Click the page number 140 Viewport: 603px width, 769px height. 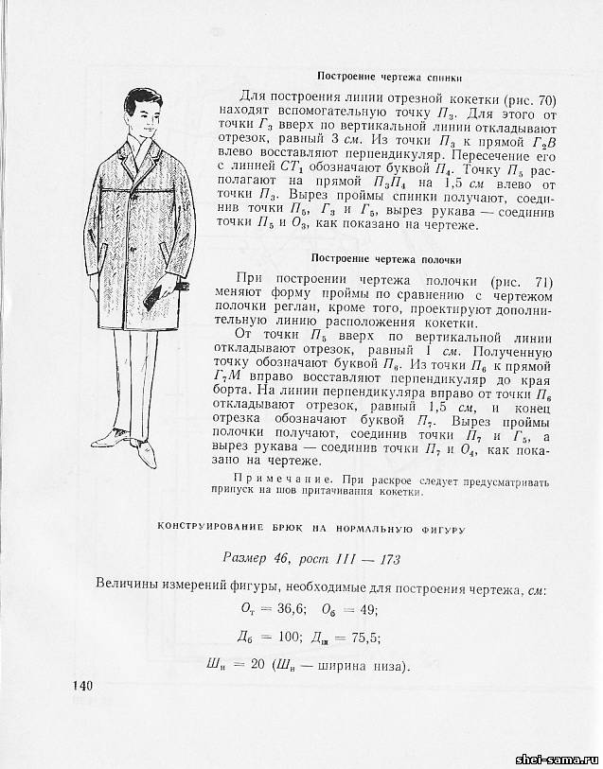pos(82,686)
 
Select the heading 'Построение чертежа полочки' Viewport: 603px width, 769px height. pos(386,258)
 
